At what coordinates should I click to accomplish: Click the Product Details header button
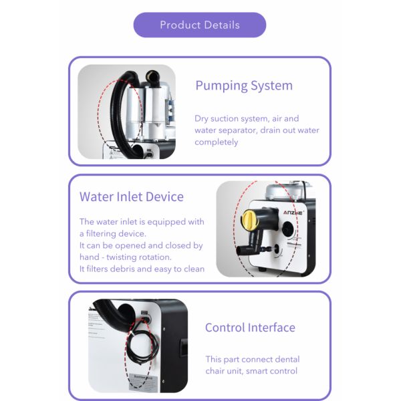click(200, 25)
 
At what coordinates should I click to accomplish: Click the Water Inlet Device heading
click(131, 196)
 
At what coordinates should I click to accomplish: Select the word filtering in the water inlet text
click(109, 234)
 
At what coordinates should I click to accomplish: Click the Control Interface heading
click(250, 327)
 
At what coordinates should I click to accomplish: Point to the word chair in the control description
click(219, 371)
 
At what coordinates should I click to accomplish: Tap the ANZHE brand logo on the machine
click(292, 213)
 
